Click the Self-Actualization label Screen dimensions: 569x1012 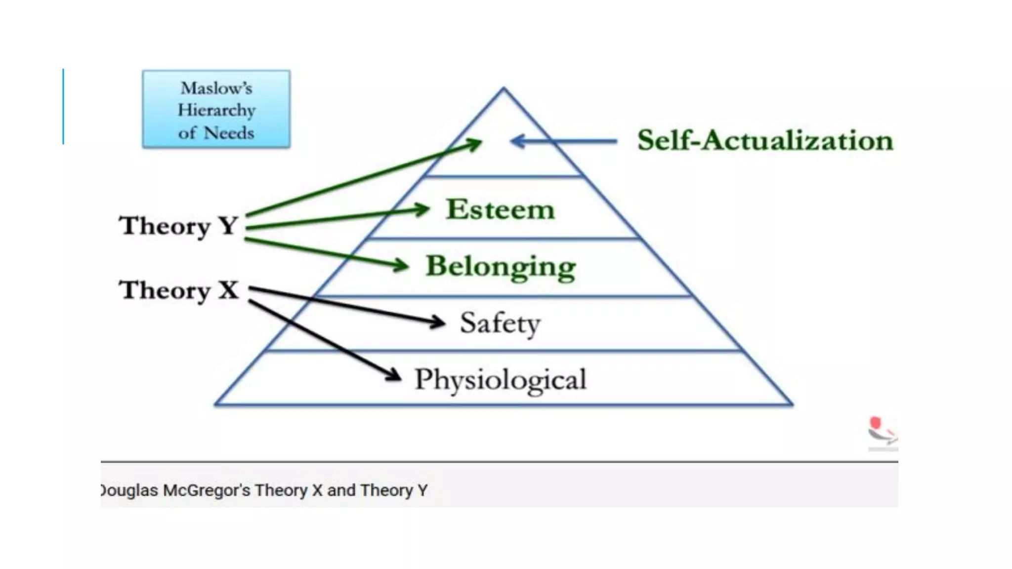765,140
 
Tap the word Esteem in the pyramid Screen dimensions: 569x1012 500,209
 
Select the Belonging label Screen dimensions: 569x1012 501,267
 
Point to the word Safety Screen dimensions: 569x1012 500,324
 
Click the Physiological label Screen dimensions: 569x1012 500,380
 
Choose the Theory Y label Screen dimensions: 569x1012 178,226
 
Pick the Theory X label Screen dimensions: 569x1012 178,290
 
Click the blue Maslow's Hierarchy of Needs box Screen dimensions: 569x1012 216,109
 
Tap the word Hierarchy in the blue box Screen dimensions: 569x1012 216,110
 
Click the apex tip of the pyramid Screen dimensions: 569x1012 504,88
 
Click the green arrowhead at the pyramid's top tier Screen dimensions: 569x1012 474,144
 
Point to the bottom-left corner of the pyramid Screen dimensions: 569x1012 215,405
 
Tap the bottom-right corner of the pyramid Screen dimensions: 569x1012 792,405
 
